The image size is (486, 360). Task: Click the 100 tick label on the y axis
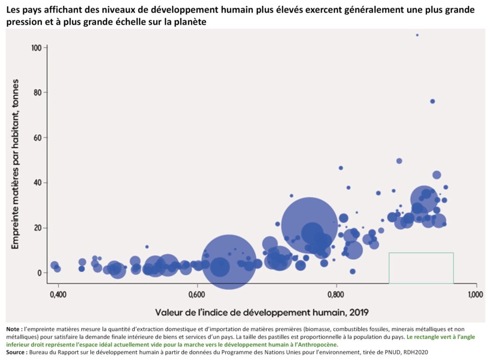(37, 48)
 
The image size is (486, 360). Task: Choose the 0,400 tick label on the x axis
(58, 295)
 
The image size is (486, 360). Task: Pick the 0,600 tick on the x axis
(197, 295)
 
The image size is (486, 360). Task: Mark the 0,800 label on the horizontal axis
(336, 295)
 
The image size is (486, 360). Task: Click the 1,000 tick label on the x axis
(475, 295)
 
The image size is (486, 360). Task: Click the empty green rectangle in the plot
(421, 268)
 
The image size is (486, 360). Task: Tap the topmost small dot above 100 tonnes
(417, 35)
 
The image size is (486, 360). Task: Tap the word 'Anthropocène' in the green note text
(321, 345)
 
